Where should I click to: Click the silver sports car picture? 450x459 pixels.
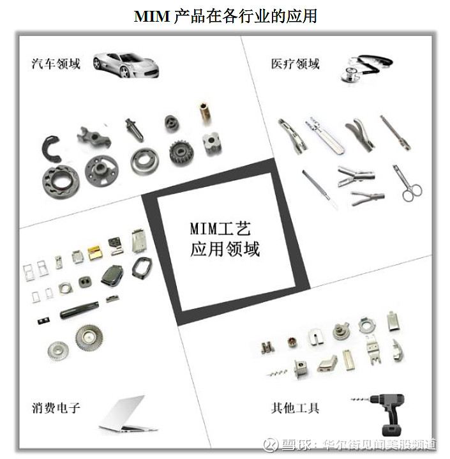click(x=126, y=65)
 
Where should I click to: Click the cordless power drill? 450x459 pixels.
click(x=384, y=413)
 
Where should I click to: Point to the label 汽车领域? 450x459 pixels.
click(x=56, y=64)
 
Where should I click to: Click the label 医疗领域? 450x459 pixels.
click(x=295, y=64)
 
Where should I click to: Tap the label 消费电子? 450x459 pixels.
click(x=56, y=407)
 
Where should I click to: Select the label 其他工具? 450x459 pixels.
click(x=295, y=407)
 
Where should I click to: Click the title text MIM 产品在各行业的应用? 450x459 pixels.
click(x=225, y=16)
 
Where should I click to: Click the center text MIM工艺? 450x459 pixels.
click(x=220, y=229)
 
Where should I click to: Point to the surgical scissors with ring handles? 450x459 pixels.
click(x=407, y=184)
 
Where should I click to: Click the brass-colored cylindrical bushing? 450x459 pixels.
click(x=205, y=114)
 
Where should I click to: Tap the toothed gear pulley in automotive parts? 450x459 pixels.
click(x=181, y=153)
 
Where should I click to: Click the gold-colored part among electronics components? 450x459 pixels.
click(x=95, y=253)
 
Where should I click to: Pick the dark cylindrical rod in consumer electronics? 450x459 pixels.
click(x=79, y=310)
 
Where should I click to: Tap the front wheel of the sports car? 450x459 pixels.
click(x=125, y=71)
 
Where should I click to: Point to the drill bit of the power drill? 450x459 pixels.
click(x=361, y=399)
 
